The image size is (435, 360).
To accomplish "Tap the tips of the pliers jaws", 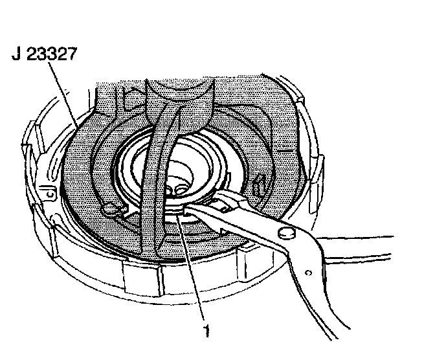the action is click(184, 208).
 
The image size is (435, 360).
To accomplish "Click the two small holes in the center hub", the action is click(177, 188).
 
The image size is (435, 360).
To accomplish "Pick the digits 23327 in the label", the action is click(52, 54).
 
